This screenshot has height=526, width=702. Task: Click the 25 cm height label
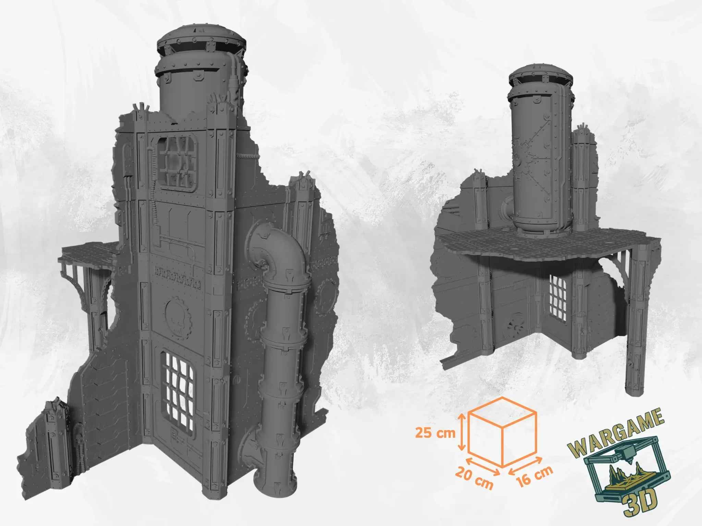click(x=435, y=433)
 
